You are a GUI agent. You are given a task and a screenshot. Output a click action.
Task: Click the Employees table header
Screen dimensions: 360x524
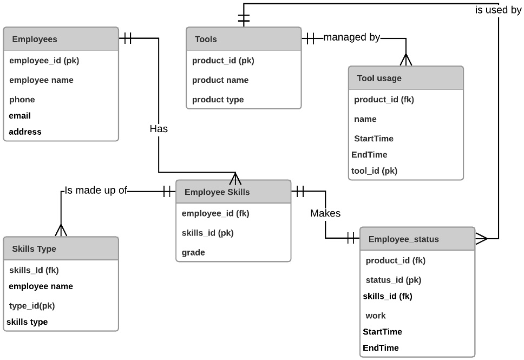tap(35, 40)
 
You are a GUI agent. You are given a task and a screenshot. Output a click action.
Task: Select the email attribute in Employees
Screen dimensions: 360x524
tap(20, 116)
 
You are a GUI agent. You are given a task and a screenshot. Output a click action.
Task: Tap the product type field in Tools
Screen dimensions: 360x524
tap(218, 100)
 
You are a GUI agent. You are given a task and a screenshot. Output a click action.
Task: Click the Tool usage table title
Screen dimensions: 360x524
tap(379, 78)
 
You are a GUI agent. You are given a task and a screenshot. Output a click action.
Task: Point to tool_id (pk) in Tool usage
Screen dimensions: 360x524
tap(374, 171)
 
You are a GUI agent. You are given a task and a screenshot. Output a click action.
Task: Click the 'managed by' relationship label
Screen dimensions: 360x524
tap(352, 38)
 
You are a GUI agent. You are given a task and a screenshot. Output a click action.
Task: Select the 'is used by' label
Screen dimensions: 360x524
tap(498, 10)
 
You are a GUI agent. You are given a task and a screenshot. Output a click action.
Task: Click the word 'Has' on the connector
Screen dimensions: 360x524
tap(159, 129)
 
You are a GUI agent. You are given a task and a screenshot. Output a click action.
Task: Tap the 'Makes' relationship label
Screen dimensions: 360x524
tap(325, 213)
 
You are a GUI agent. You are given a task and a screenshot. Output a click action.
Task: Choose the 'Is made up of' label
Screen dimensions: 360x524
tap(95, 191)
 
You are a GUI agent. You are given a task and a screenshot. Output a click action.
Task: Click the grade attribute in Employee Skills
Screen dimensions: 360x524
tap(193, 252)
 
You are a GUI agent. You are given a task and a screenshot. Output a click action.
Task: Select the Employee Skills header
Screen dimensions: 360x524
tap(217, 192)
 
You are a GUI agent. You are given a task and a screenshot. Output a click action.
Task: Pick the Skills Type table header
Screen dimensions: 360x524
tap(34, 249)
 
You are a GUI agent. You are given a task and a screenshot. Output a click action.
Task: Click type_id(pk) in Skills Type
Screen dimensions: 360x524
tap(32, 306)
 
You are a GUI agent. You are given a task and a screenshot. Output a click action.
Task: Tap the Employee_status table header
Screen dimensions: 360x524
tap(403, 239)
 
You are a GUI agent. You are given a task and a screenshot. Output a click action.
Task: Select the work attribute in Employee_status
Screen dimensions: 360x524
tap(376, 316)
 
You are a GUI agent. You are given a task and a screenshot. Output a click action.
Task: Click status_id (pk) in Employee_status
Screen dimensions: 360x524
tap(394, 280)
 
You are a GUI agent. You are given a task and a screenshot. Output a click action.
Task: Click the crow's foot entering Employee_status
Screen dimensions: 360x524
tap(482, 238)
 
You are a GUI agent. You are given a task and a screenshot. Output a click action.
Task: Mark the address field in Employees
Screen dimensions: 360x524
tap(25, 132)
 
